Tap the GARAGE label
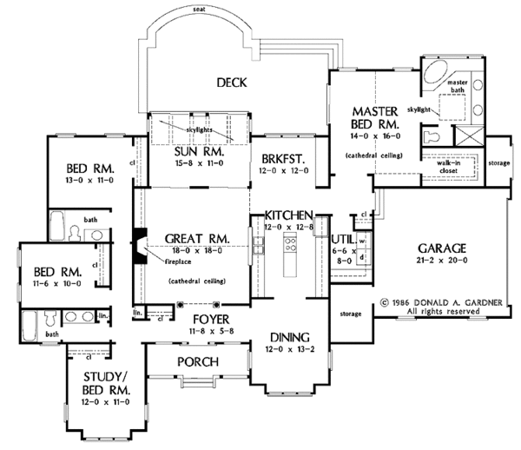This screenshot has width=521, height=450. [x=440, y=246]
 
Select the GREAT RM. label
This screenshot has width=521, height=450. [x=195, y=237]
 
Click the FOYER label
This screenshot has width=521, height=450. [x=205, y=318]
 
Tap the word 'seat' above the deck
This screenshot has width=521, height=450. [x=200, y=9]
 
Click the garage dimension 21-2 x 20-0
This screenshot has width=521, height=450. [x=441, y=261]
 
